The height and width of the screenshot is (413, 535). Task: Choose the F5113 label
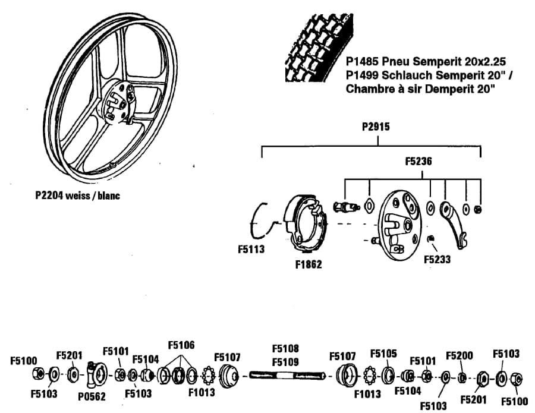tap(251, 250)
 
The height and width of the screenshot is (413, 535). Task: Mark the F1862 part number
tap(308, 264)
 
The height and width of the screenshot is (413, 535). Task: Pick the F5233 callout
tap(437, 259)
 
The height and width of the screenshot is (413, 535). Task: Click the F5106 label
tap(181, 345)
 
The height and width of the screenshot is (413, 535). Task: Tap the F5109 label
tap(285, 360)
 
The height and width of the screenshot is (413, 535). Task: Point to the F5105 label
tap(383, 354)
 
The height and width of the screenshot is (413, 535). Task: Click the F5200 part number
tap(460, 355)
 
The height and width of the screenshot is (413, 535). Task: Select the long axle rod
tap(288, 375)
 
